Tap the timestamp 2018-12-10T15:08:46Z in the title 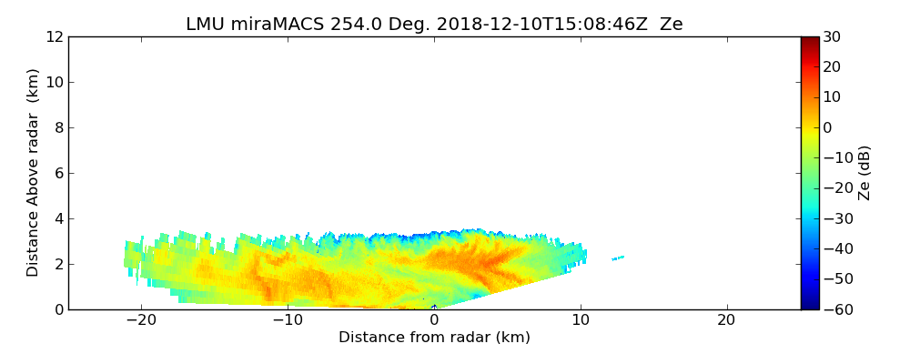coord(525,25)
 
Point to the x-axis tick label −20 coord(141,320)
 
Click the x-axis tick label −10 coord(288,320)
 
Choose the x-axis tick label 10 coord(581,320)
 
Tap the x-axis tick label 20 coord(726,320)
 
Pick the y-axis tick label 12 coord(54,37)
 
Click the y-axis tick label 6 coord(58,173)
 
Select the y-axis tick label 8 coord(58,128)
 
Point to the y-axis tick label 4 coord(58,218)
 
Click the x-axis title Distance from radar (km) coord(434,338)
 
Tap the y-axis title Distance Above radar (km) coord(34,173)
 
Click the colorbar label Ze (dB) coord(864,173)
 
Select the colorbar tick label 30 coord(832,37)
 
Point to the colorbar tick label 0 coord(828,127)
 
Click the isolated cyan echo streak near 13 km coord(617,258)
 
